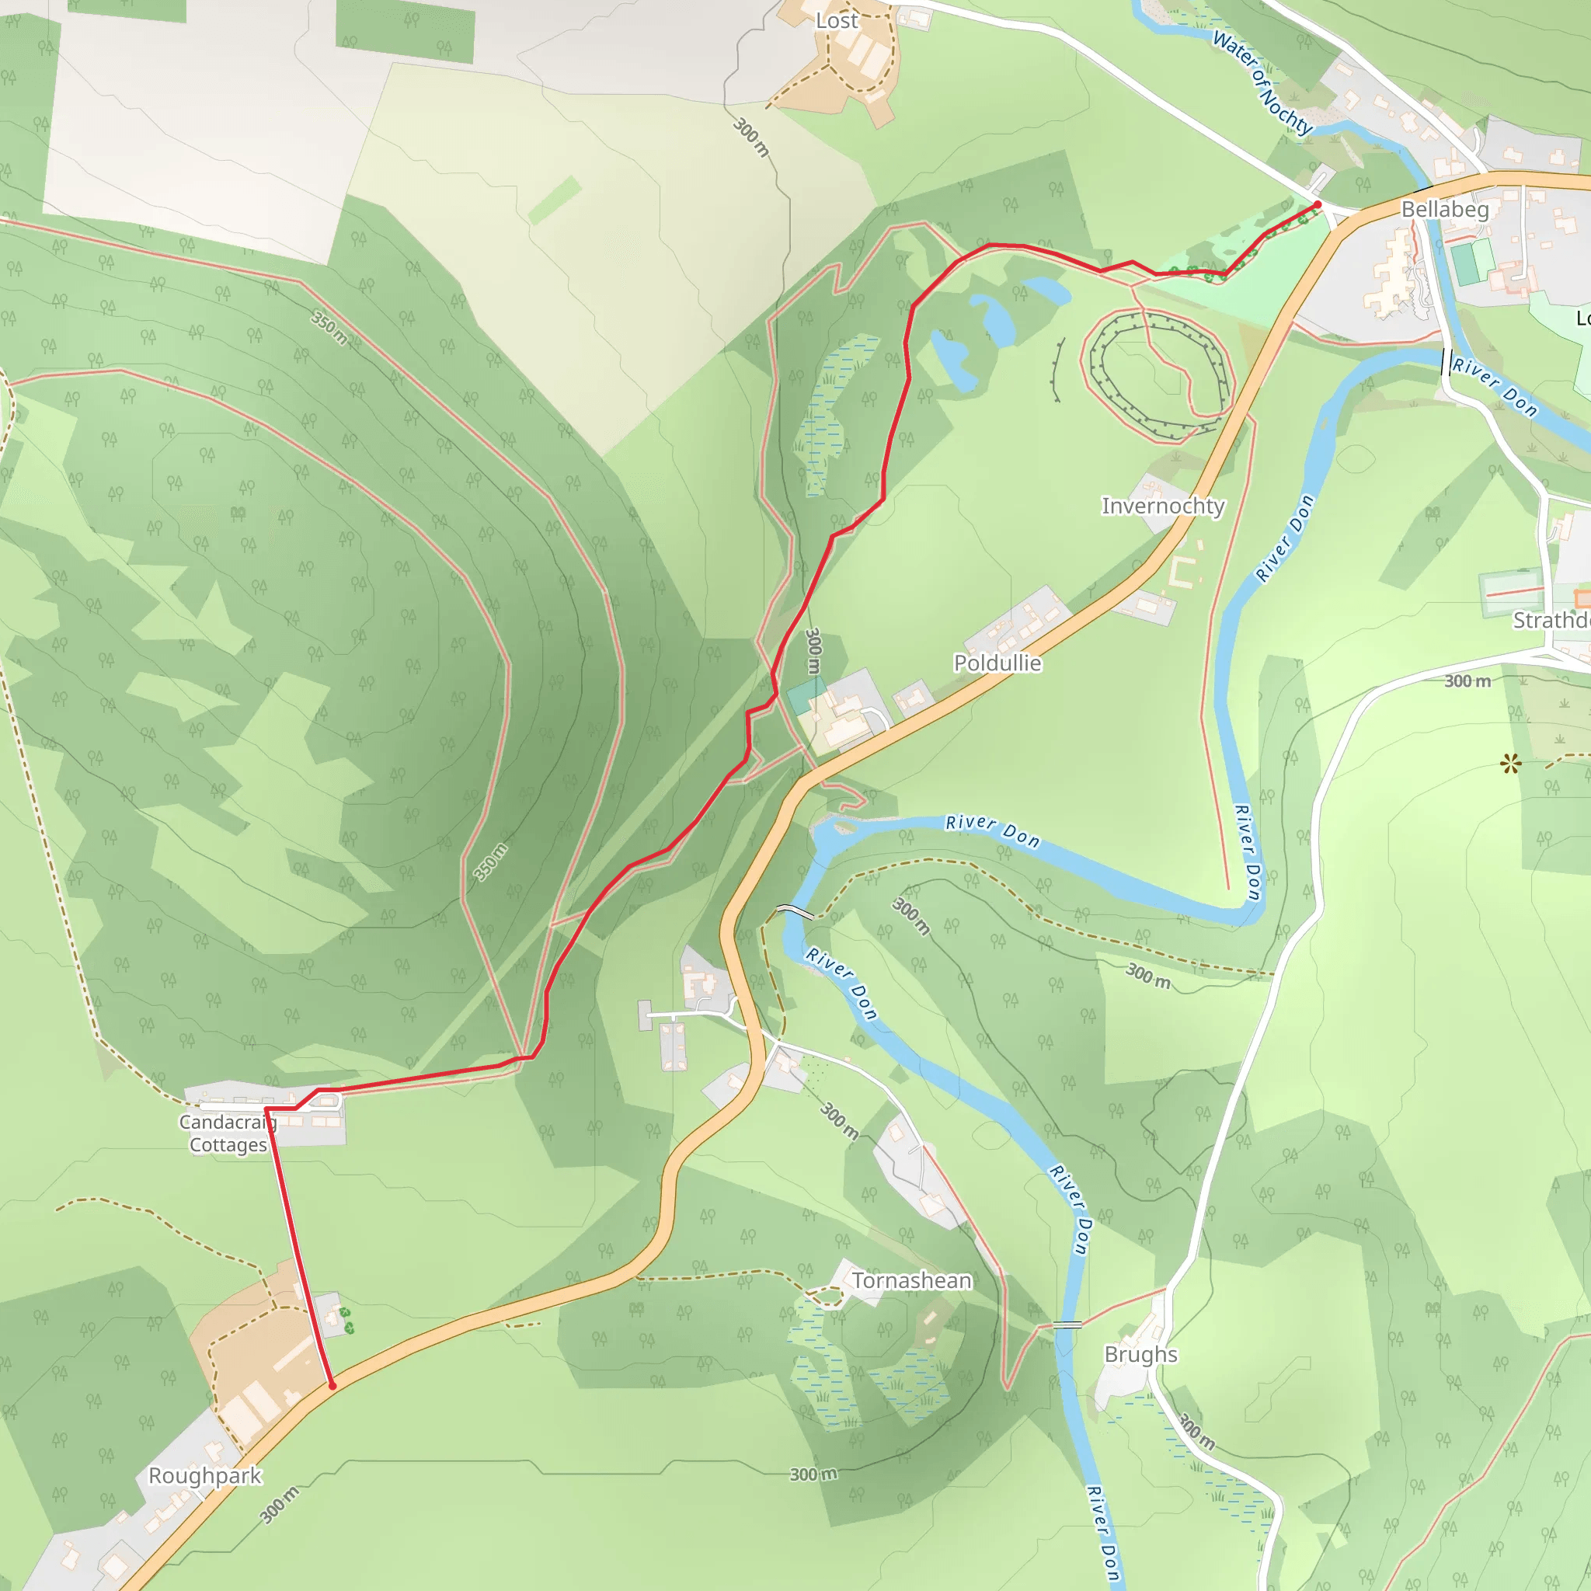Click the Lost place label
coord(837,21)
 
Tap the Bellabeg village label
coord(1445,209)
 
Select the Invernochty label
coord(1163,506)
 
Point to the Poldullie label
coord(997,663)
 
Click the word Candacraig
coord(228,1122)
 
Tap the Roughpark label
coord(205,1476)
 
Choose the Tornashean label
coord(910,1280)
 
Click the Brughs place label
coord(1140,1355)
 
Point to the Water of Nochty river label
coord(1262,82)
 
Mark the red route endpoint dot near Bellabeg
coord(1318,204)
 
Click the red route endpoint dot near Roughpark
coord(332,1386)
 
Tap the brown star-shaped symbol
coord(1509,765)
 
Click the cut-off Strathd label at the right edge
coord(1551,620)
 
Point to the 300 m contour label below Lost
coord(752,137)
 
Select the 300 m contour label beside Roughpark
coord(279,1505)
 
